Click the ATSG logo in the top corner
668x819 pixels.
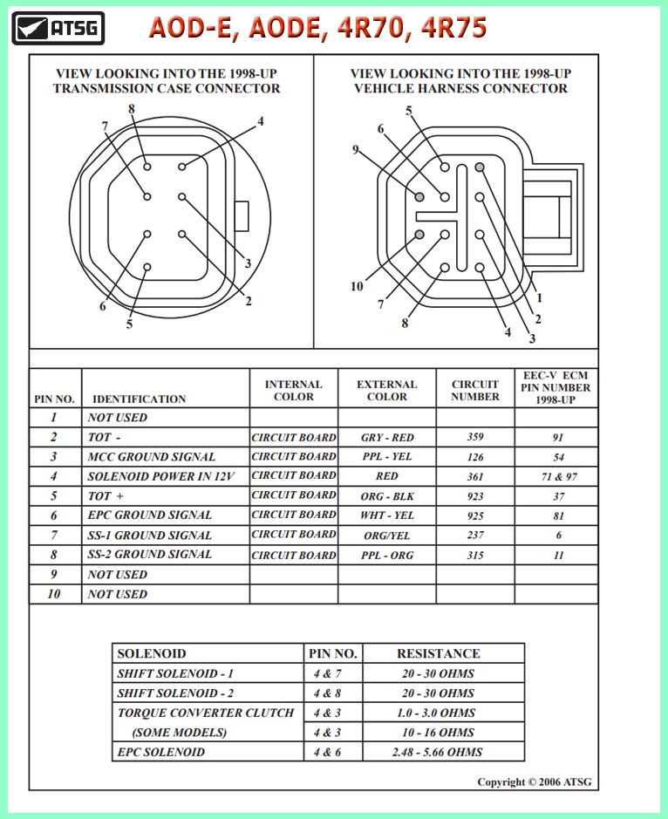tap(58, 28)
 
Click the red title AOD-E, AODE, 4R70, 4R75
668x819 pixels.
tap(317, 28)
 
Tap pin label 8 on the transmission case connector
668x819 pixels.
tap(132, 109)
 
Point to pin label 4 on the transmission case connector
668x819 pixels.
tap(260, 121)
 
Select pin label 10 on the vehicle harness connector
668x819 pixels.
tap(357, 286)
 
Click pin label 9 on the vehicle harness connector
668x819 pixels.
tap(356, 149)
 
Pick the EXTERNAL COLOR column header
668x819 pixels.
tap(386, 390)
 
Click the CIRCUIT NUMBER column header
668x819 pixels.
tap(475, 390)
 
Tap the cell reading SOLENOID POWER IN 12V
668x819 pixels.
tap(165, 475)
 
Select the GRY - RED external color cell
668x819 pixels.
tap(386, 437)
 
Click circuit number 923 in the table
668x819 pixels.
tap(475, 495)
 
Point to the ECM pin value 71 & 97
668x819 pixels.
tap(556, 476)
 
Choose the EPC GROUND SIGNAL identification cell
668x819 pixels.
tap(149, 515)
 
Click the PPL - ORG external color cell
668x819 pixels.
tap(386, 555)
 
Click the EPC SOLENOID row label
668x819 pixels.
tap(161, 752)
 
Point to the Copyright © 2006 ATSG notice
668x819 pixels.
tap(534, 781)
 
